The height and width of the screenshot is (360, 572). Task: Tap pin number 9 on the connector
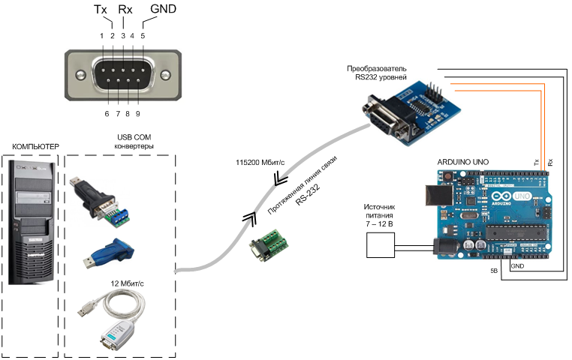coord(138,113)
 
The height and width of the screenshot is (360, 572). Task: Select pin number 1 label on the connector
coord(102,35)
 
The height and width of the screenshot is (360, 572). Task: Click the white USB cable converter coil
coord(113,316)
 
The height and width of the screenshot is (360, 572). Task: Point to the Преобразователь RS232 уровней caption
coord(382,72)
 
